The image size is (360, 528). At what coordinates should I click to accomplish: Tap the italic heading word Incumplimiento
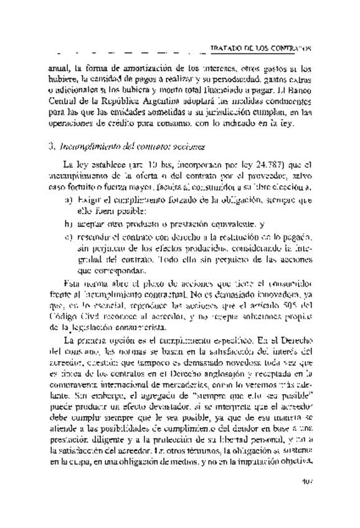pyautogui.click(x=83, y=148)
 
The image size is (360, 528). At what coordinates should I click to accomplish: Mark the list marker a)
pyautogui.click(x=67, y=200)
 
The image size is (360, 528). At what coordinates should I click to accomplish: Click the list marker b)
pyautogui.click(x=67, y=223)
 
